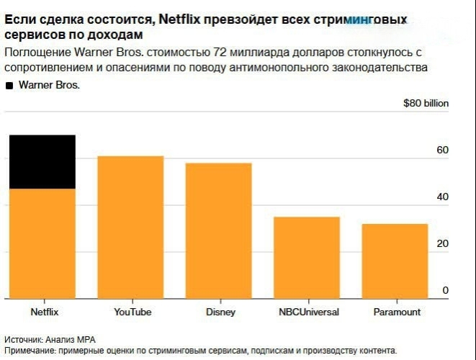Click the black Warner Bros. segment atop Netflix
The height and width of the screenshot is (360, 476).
point(42,162)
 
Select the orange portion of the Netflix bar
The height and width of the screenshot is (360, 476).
point(42,243)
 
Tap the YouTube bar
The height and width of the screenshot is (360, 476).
point(130,227)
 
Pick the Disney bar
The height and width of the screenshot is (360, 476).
point(219,230)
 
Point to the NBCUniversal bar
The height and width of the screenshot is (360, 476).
point(307,257)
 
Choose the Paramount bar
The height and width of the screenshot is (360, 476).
point(395,261)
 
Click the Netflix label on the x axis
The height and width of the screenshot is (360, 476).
point(44,312)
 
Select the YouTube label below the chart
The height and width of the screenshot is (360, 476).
point(133,312)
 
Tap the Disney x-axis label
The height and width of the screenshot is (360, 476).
point(220,312)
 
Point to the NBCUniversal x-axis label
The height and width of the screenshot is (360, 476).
point(309,312)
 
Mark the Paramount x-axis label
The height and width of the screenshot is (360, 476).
point(397,312)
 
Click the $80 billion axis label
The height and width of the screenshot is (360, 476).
point(426,104)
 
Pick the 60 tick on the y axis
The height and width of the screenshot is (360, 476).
point(442,150)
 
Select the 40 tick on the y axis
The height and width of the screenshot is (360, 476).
point(442,197)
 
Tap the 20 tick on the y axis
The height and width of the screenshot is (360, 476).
point(442,244)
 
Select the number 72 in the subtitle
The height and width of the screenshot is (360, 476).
point(213,53)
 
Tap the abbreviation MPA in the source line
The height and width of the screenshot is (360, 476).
point(86,339)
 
